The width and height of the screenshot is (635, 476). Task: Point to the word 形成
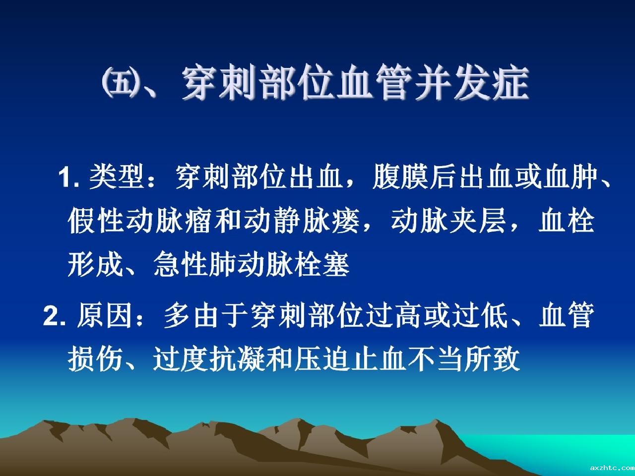[x=95, y=264]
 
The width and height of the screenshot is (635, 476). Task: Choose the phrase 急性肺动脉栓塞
[x=251, y=264]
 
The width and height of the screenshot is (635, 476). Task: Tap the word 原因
[x=105, y=316]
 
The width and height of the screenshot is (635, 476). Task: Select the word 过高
[x=394, y=316]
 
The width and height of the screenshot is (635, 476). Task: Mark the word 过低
[x=480, y=316]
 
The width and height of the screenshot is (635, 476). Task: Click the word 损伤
[x=95, y=359]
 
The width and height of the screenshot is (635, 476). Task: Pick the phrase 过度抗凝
[x=209, y=359]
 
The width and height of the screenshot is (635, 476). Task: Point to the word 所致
[x=493, y=359]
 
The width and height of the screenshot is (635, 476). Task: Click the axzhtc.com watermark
[x=612, y=468]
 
